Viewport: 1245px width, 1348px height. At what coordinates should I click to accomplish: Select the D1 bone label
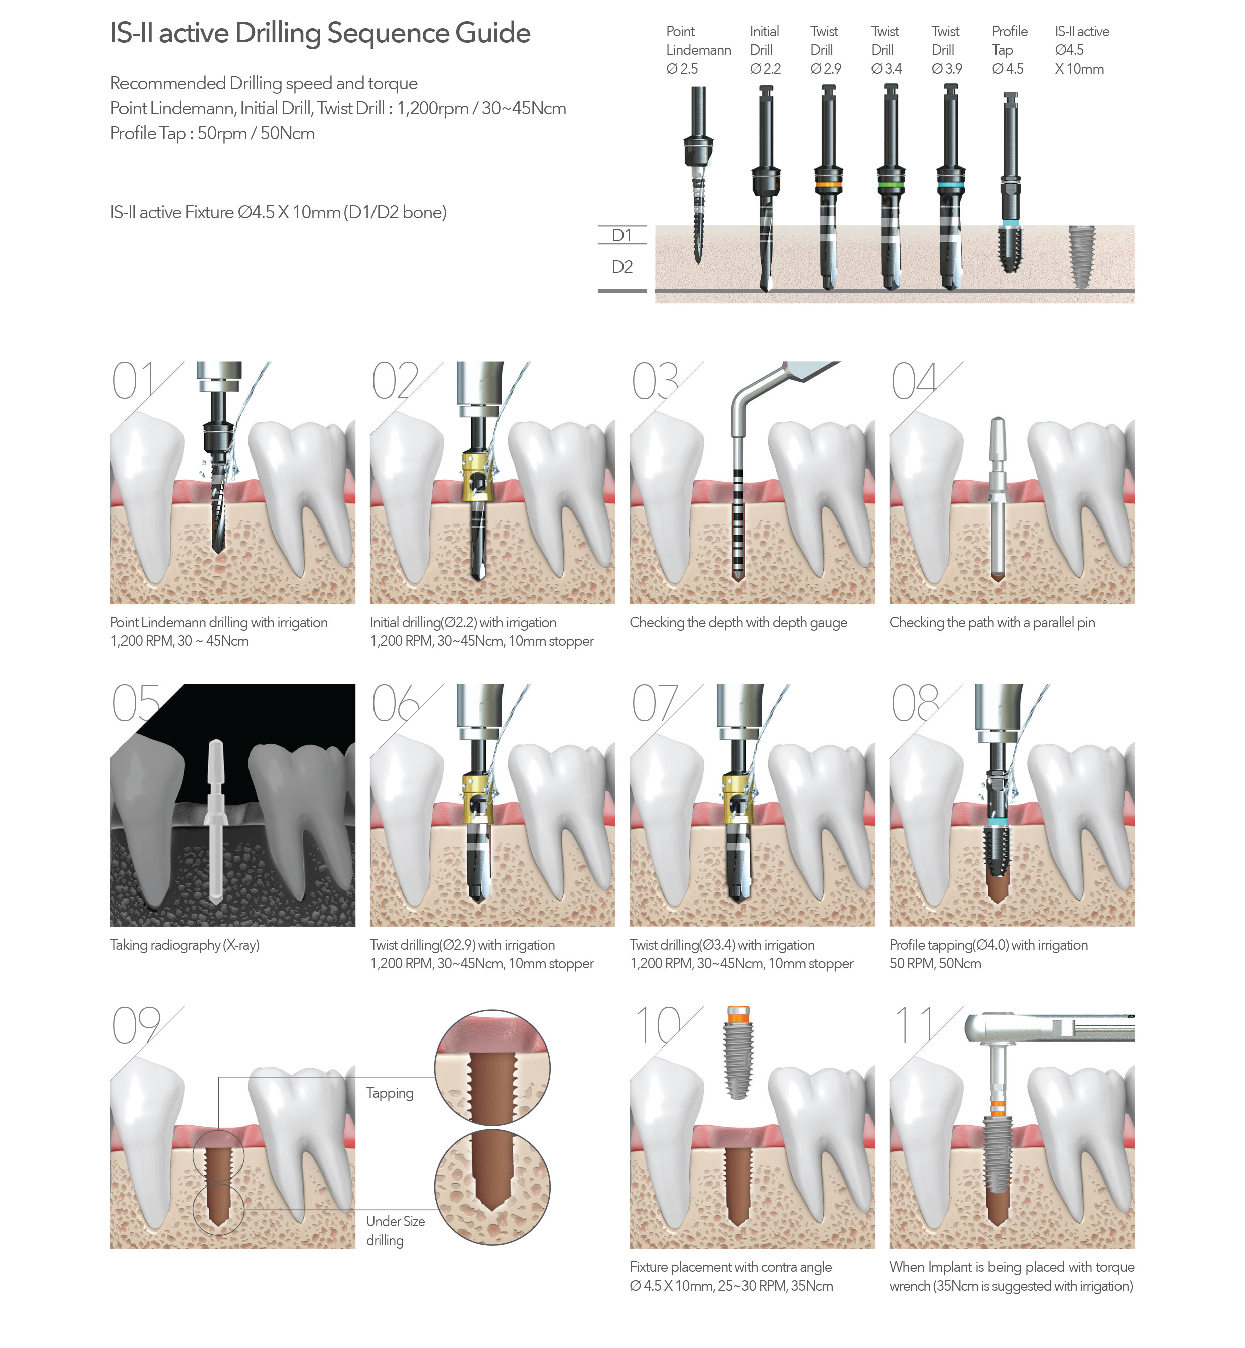pos(621,235)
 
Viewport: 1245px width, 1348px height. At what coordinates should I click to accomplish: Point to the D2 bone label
pos(622,267)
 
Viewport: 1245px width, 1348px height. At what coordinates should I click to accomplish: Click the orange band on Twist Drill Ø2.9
pos(828,184)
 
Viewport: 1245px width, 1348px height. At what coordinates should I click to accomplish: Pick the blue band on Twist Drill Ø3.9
pos(950,184)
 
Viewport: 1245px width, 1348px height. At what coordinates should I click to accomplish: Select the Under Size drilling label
pos(396,1230)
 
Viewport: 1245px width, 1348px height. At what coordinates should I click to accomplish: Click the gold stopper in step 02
pos(477,477)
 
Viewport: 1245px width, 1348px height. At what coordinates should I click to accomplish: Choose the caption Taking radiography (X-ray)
pos(185,945)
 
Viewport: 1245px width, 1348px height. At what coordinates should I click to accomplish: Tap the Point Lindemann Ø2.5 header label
pos(698,50)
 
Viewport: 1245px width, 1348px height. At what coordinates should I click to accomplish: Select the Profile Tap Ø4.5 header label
pos(1009,50)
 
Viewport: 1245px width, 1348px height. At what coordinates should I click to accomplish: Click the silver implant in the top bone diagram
pos(1082,256)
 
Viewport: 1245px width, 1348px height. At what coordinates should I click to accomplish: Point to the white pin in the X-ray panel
pos(215,821)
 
